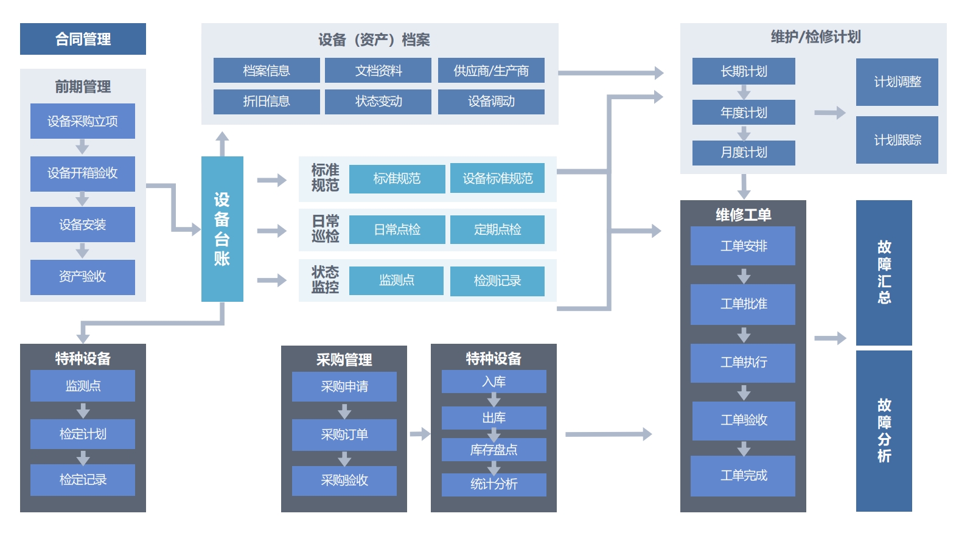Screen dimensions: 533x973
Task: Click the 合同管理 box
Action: tap(83, 39)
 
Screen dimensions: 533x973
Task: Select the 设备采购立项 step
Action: tap(83, 121)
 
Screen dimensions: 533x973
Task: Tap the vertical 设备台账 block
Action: tap(222, 229)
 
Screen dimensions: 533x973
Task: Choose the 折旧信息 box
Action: tap(267, 102)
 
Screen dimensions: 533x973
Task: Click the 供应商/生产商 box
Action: tap(491, 71)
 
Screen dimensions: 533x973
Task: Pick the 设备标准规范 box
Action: tap(497, 178)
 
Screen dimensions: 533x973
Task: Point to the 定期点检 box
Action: tap(497, 229)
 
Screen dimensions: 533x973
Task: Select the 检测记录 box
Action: tap(497, 280)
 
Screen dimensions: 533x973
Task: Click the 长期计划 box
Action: tap(744, 71)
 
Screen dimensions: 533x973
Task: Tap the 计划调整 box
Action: tap(897, 82)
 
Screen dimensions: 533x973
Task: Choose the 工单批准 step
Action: tap(743, 304)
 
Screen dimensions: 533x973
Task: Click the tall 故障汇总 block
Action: tap(884, 273)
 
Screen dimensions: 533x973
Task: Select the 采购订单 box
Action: tap(344, 434)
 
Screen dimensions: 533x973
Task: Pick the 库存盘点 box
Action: tap(493, 450)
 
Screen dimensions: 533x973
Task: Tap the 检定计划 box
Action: tap(83, 434)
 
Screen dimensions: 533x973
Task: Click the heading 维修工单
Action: tap(743, 215)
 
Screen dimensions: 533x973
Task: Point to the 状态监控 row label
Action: tap(325, 280)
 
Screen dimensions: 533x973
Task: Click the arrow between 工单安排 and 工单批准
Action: tap(744, 276)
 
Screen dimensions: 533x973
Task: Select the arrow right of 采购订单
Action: tap(419, 434)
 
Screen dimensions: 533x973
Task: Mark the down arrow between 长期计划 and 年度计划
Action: tap(744, 92)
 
